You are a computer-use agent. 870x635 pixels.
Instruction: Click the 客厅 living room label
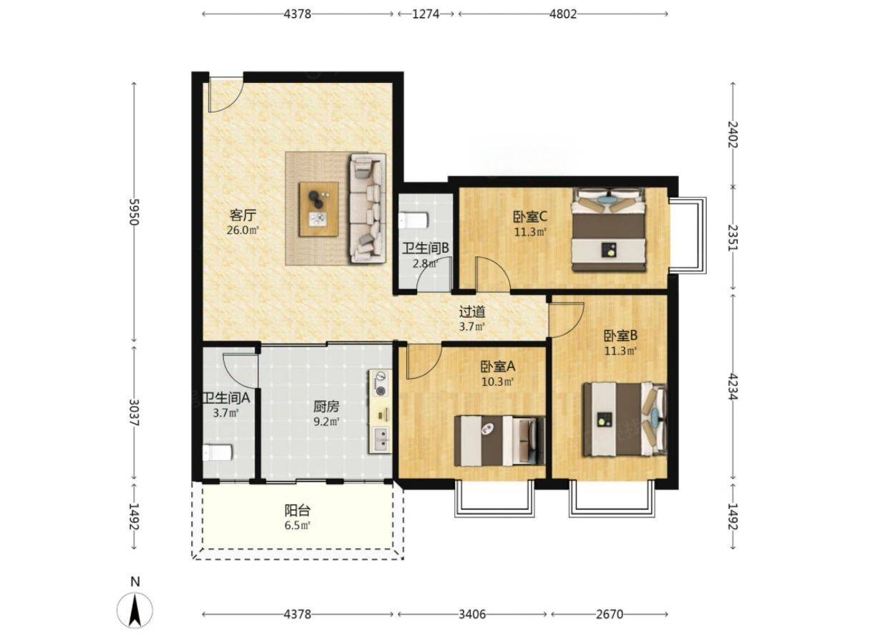click(x=243, y=215)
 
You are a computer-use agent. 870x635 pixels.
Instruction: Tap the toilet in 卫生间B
click(x=413, y=220)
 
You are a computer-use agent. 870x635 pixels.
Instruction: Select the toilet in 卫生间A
click(x=217, y=452)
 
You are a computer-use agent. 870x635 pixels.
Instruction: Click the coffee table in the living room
click(x=318, y=209)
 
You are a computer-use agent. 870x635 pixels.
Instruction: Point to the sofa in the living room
click(x=368, y=208)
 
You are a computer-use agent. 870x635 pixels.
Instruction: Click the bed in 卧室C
click(x=608, y=229)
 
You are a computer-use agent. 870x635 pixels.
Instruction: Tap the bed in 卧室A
click(x=499, y=440)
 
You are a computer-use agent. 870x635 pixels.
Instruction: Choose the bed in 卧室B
click(x=625, y=420)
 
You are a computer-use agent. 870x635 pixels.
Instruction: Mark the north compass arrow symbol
click(x=135, y=610)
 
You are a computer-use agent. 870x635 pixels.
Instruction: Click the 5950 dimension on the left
click(x=134, y=212)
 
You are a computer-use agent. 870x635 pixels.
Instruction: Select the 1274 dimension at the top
click(x=426, y=14)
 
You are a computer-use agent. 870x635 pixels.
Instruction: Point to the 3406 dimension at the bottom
click(x=472, y=614)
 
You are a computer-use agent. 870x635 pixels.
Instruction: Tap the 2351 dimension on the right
click(x=733, y=238)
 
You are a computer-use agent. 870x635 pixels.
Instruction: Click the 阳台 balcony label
click(x=298, y=510)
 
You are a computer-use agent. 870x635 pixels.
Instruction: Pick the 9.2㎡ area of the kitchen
click(x=327, y=421)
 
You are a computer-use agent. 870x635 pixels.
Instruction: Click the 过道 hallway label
click(x=472, y=311)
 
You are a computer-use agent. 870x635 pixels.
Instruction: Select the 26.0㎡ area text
click(x=243, y=230)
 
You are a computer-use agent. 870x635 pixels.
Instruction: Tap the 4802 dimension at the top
click(x=563, y=14)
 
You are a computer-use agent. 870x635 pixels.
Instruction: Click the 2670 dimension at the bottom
click(x=610, y=614)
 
